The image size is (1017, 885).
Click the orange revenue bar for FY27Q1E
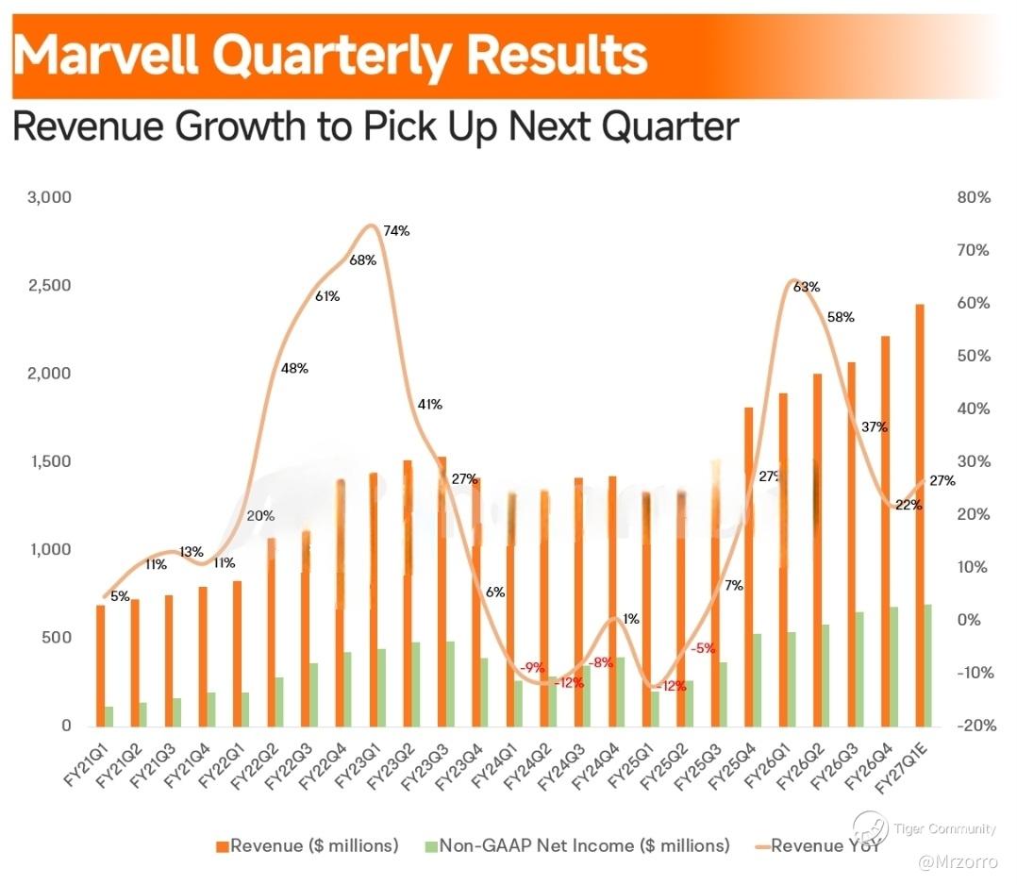coord(918,514)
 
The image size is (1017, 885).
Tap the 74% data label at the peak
coord(397,231)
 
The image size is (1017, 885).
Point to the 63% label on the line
coord(807,287)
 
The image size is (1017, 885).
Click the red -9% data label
coord(532,668)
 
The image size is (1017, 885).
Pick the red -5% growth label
coord(703,648)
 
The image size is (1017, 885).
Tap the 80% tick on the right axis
coord(972,198)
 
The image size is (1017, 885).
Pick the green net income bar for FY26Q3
coord(860,669)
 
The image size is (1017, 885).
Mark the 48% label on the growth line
coord(294,369)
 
